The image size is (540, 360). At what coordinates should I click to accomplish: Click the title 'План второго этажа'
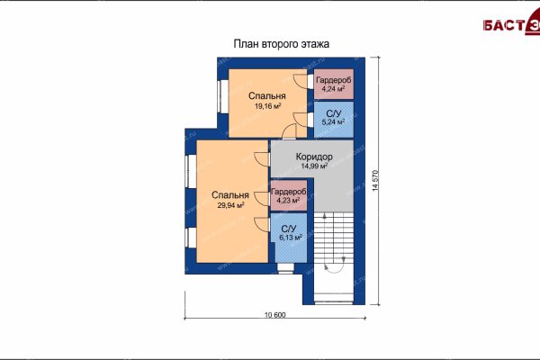pos(282,44)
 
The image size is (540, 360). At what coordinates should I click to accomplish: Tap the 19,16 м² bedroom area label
pos(267,106)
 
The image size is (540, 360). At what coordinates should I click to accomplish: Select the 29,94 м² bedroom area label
pos(230,205)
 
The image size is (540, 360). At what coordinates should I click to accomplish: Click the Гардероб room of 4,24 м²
pos(334,85)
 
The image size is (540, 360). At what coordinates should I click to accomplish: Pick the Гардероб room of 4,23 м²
pos(289,195)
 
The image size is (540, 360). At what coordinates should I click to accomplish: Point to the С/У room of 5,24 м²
pos(334,120)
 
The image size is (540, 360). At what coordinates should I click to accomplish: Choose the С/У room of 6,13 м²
pos(291,238)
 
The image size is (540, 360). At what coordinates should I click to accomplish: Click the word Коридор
pos(314,157)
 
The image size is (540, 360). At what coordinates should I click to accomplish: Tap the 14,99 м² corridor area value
pos(314,166)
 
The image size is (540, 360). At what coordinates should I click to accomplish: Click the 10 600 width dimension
pos(274,314)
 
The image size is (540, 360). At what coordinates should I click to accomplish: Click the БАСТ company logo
pos(511,24)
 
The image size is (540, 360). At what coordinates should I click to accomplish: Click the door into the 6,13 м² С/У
pos(262,225)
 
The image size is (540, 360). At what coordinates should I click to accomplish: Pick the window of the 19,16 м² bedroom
pos(222,96)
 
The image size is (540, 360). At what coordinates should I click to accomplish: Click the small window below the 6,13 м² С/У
pos(285,268)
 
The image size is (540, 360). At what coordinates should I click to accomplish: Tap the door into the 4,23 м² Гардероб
pos(262,199)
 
